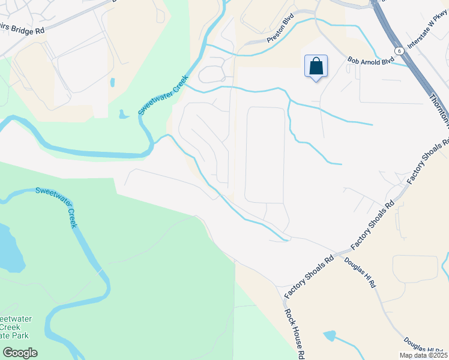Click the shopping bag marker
tap(316, 67)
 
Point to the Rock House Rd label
tap(292, 334)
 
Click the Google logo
tap(20, 353)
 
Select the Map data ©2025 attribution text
tap(423, 355)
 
